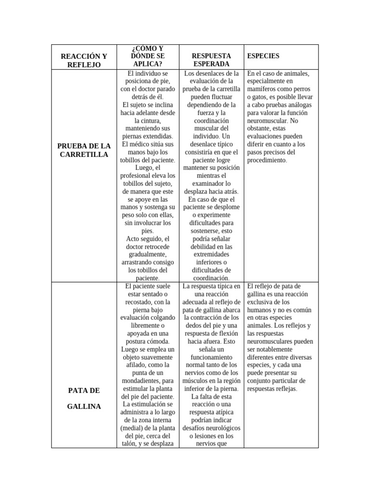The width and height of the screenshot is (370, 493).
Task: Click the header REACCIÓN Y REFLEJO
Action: click(x=84, y=60)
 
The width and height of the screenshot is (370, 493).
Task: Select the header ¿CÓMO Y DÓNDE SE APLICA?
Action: click(x=147, y=56)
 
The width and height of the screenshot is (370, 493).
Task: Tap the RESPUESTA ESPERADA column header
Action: click(x=211, y=60)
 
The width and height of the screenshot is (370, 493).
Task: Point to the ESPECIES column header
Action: click(x=263, y=56)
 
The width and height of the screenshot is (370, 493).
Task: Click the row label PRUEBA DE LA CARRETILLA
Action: click(x=84, y=150)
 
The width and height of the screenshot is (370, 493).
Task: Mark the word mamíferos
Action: click(x=263, y=89)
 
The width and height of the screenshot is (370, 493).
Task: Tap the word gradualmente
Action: click(x=147, y=254)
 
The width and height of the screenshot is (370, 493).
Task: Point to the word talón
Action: click(x=126, y=444)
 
